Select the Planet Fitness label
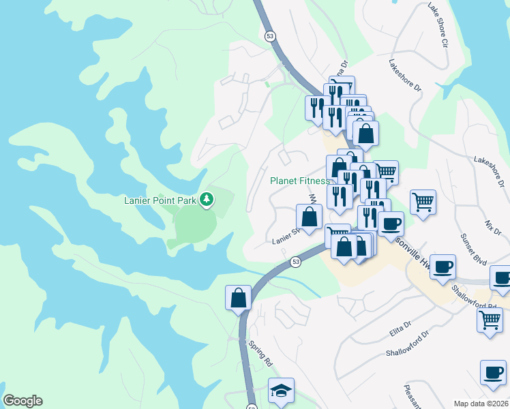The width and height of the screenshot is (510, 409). point(300,181)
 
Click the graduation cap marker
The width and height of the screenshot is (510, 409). point(280,391)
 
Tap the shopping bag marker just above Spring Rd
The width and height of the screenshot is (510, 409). point(238,298)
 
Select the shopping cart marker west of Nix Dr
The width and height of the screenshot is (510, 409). point(423,202)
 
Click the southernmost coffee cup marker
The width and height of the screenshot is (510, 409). point(493,373)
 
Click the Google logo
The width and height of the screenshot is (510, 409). point(22,401)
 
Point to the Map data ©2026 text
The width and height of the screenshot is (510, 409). point(481,404)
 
